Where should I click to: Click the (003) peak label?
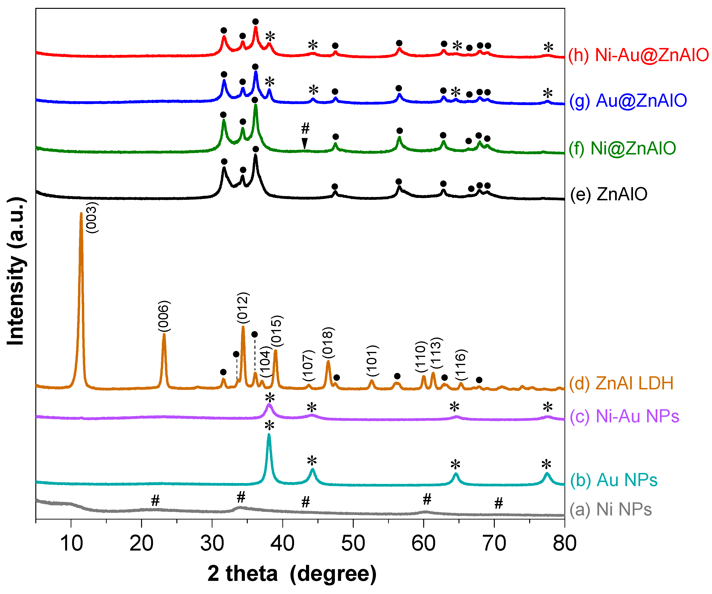(x=92, y=218)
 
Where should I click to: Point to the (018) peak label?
(x=328, y=342)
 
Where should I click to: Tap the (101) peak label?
(x=373, y=361)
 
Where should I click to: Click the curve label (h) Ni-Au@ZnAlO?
(x=638, y=55)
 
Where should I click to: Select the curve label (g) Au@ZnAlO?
(x=628, y=101)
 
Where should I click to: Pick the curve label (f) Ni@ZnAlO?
(x=622, y=148)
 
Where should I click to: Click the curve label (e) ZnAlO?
(x=609, y=194)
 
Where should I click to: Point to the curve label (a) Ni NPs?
(x=610, y=509)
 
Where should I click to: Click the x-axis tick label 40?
(x=282, y=543)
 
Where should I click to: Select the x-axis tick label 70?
(x=494, y=543)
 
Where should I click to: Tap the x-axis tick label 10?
(x=71, y=543)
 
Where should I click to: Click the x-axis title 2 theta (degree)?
(x=292, y=574)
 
